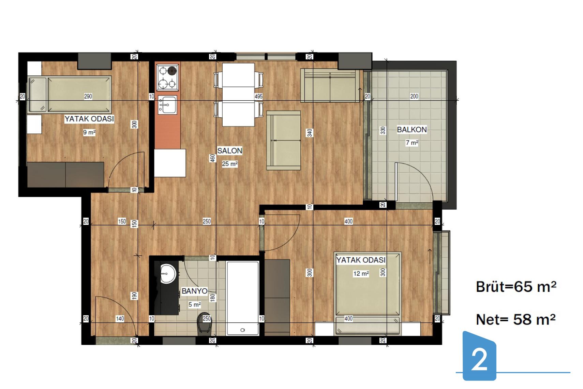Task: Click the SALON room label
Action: pos(230,150)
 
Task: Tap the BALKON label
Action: pos(412,129)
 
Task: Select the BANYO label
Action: pos(194,291)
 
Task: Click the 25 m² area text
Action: pos(230,164)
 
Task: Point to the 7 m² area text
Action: pos(412,143)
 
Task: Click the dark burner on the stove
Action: pos(172,71)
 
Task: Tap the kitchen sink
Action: pos(167,105)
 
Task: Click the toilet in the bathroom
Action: pos(204,324)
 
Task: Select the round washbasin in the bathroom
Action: pos(168,274)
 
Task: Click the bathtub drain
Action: pos(242,330)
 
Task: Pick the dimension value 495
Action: pos(258,97)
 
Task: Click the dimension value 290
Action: pos(88,97)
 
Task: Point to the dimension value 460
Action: pos(213,158)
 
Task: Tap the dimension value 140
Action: pos(120,318)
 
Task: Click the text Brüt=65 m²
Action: pos(516,287)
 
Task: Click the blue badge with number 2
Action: pos(479,356)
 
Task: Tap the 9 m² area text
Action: pos(89,132)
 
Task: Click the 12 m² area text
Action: pos(361,274)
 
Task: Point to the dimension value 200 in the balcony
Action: pos(414,97)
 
